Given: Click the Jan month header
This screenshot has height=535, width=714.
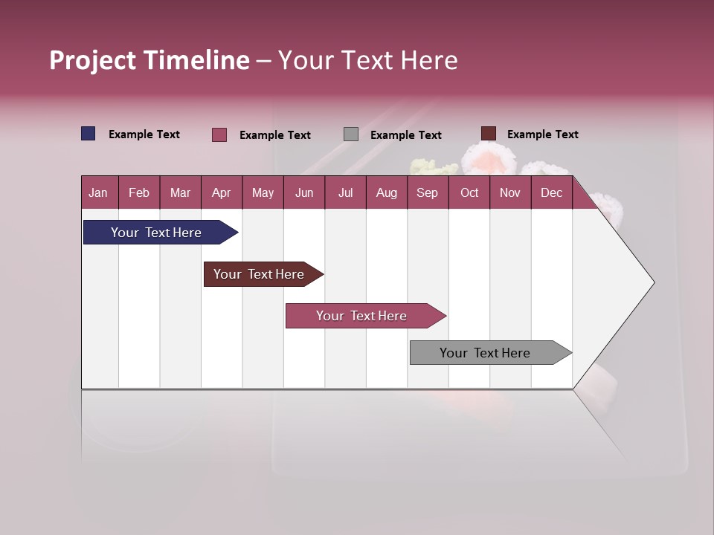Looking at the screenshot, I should tap(98, 192).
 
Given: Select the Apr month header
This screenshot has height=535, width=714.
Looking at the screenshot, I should tap(221, 192).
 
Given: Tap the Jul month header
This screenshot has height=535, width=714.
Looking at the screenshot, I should tap(345, 192).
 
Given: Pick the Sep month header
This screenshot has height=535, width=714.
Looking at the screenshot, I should tap(427, 192).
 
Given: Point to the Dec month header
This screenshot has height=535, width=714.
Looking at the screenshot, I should tap(551, 192).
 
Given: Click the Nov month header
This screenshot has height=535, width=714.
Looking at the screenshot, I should tap(509, 192).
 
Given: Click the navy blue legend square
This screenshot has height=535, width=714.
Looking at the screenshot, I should tap(89, 134).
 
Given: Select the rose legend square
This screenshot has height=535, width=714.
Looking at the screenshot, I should tap(219, 134).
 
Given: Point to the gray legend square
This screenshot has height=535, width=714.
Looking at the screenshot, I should tap(351, 134).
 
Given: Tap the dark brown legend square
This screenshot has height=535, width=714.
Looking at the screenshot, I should tap(488, 134).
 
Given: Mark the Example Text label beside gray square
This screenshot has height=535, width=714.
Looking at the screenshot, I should tap(405, 134).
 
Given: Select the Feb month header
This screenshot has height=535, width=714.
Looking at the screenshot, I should tap(138, 192).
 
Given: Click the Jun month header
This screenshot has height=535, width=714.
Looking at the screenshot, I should tap(304, 192).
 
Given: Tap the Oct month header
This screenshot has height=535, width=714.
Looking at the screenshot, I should tap(469, 192).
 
